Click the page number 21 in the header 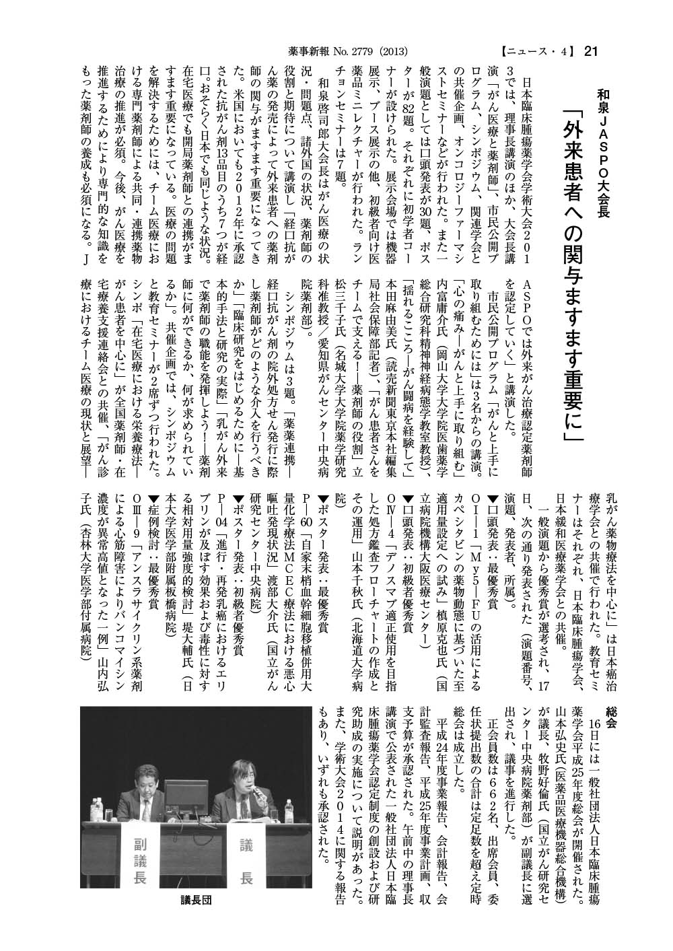click(592, 50)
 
